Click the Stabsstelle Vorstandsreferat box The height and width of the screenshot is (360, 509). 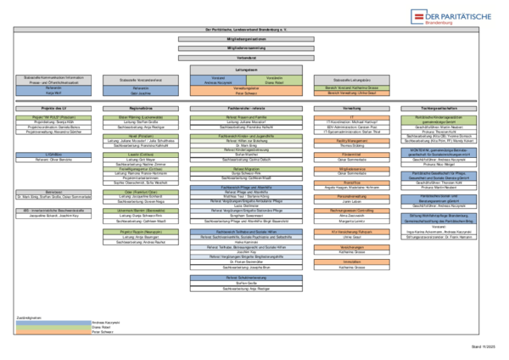(139, 80)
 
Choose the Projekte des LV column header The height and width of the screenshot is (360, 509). (41, 109)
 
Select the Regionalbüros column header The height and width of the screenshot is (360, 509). (139, 109)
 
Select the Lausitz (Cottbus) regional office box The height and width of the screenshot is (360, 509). (139, 155)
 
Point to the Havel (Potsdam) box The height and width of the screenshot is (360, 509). (139, 136)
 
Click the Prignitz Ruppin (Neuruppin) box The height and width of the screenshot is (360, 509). (139, 231)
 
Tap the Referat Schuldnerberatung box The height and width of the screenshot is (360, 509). (246, 277)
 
